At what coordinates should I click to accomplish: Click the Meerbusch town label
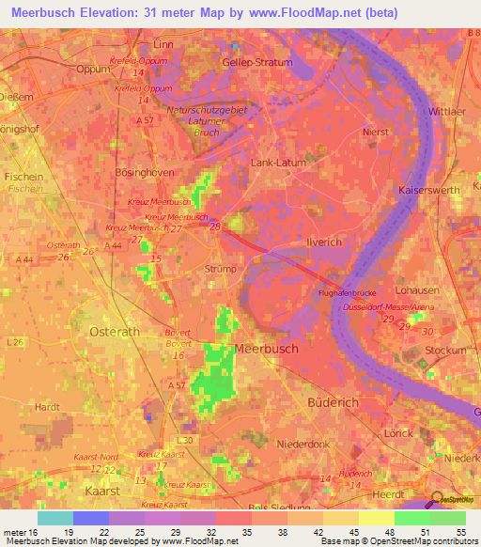point(265,348)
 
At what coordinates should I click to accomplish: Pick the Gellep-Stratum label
point(257,62)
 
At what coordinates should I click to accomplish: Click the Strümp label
point(221,269)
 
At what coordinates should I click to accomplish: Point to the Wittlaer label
point(446,111)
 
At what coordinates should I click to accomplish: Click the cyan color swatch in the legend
point(54,518)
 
